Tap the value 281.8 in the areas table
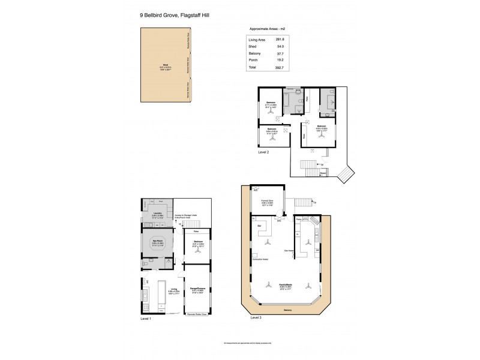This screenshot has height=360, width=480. click(x=279, y=40)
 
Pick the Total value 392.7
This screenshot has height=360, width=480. click(x=279, y=68)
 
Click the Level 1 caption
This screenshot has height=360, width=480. click(x=146, y=319)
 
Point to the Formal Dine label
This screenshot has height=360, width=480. click(x=268, y=202)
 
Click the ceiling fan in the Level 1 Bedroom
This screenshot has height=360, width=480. click(x=198, y=252)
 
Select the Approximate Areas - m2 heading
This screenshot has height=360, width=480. click(x=267, y=28)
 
